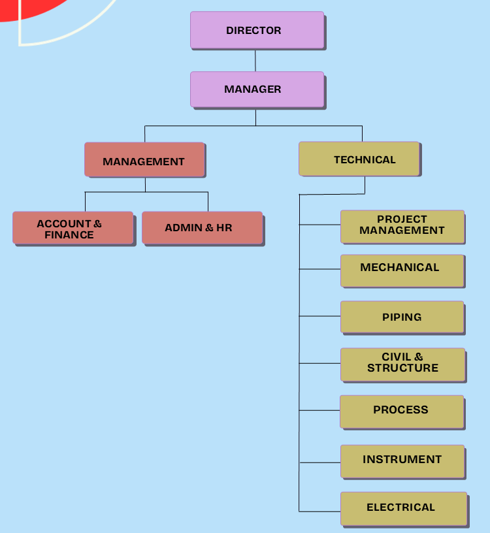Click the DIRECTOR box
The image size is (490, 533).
pos(257,30)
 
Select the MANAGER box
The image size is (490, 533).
pos(257,89)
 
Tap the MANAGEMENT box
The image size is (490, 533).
pos(144,160)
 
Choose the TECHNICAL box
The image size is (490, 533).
pos(359,159)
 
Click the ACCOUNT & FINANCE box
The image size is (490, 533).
pos(73,228)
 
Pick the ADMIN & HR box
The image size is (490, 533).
pos(202,228)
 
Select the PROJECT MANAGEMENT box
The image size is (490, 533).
pos(402,226)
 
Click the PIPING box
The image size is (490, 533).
pos(402,317)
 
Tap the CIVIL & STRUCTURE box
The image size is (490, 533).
pos(402,364)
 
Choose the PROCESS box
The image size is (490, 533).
pos(401,411)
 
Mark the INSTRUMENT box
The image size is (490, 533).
pos(402,460)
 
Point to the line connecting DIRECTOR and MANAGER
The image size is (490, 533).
pos(255,60)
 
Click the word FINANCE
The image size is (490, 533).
pos(69,235)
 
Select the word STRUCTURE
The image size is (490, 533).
pos(402,368)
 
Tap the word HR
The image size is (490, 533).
pos(224,228)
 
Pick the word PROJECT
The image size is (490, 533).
pos(402,219)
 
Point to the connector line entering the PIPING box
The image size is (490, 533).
pos(320,316)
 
